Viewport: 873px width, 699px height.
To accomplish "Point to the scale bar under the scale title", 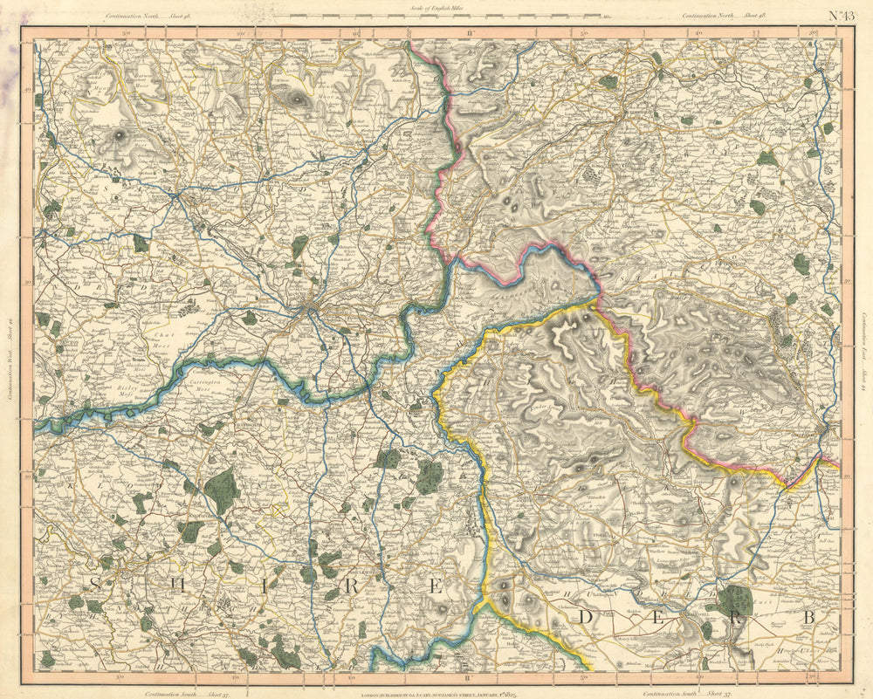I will click(x=444, y=17).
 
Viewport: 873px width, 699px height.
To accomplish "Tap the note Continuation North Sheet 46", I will click(x=148, y=16).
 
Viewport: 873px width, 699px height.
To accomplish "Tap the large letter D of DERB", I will click(x=588, y=619).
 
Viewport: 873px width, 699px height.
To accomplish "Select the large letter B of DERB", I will click(x=809, y=619).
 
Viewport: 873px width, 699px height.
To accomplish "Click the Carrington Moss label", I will click(x=204, y=385).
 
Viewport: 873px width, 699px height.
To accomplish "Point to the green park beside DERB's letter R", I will click(x=733, y=600).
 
